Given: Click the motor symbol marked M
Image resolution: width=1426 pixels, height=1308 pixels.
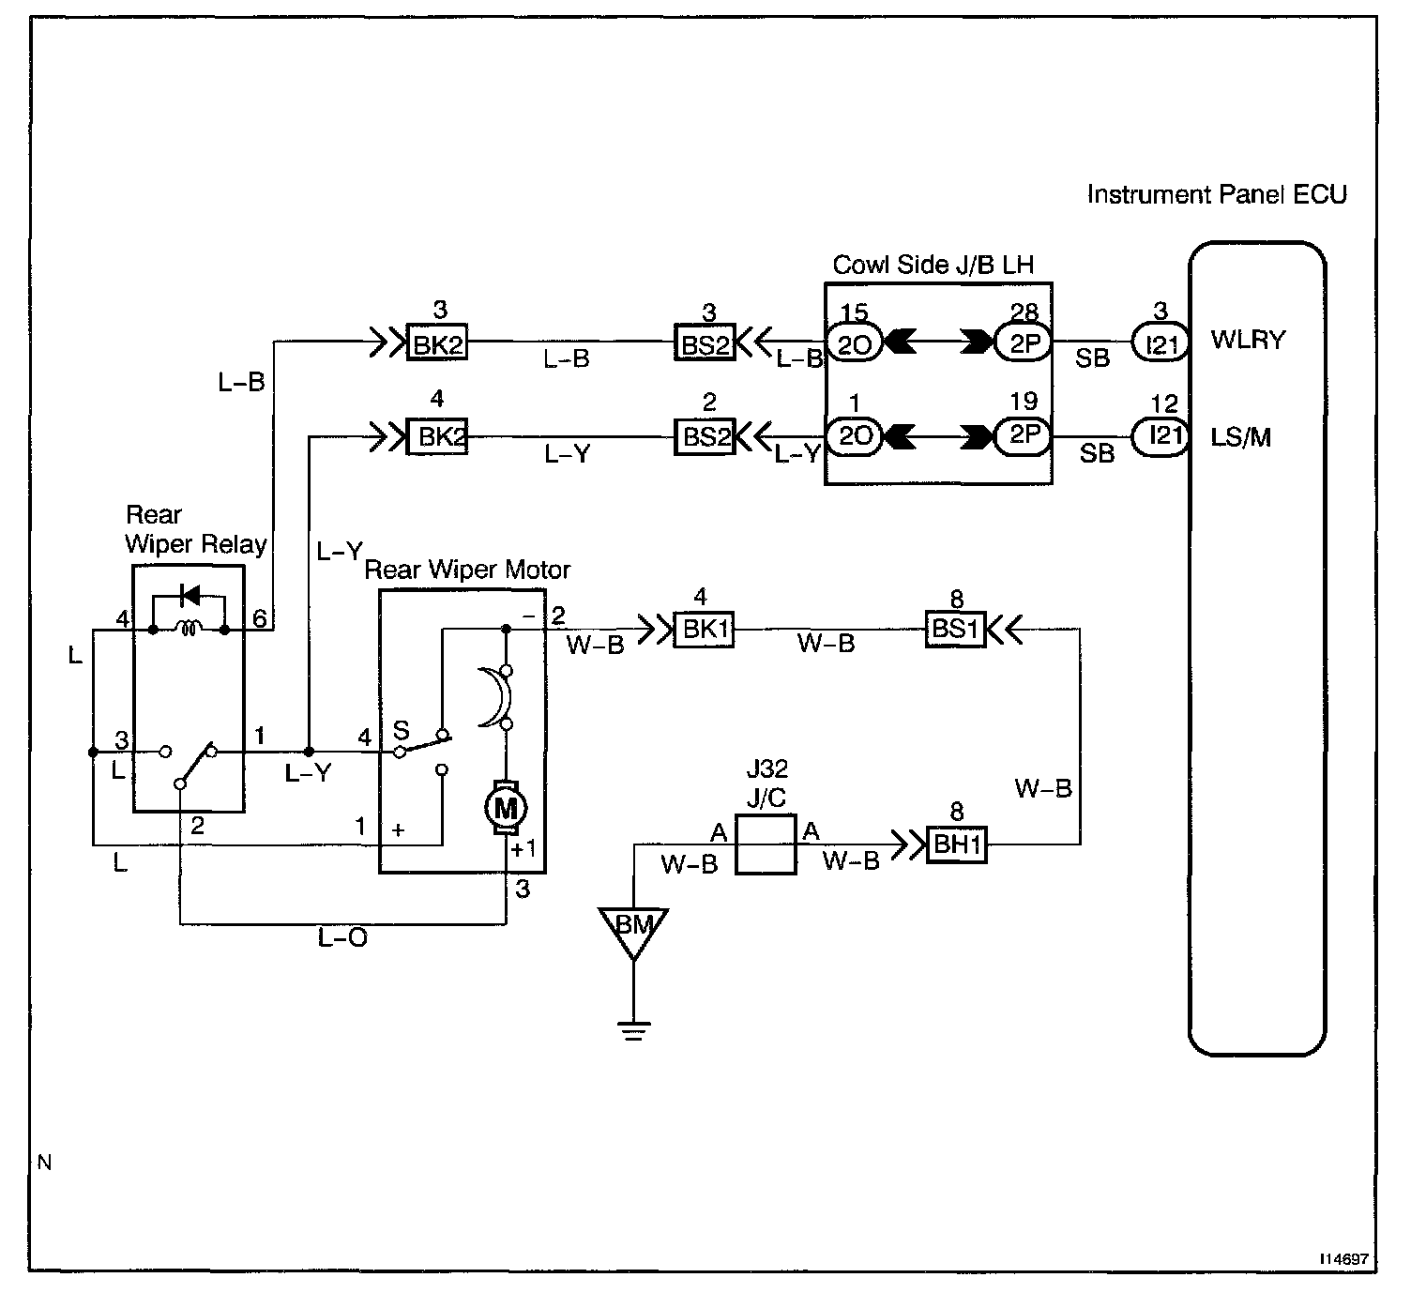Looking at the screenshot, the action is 506,808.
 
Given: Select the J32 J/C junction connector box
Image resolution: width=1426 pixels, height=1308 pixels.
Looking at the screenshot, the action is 766,844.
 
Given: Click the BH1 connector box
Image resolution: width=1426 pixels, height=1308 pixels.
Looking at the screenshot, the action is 957,844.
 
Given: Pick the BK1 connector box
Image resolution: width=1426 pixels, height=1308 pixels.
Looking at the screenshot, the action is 704,630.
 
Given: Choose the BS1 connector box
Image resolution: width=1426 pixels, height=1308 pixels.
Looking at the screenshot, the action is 955,629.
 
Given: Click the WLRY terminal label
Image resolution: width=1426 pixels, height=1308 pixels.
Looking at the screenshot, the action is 1249,340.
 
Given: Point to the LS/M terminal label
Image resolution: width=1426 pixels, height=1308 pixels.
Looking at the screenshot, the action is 1240,436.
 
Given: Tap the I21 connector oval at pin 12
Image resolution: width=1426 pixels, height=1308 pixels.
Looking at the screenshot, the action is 1160,435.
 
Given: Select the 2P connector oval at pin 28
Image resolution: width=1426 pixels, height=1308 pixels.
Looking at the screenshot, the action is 1023,342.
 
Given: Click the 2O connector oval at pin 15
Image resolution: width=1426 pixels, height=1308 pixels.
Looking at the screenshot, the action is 854,343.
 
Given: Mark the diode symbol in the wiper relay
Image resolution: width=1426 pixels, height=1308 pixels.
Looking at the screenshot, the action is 190,595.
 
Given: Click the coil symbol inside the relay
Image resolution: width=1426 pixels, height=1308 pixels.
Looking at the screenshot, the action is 189,628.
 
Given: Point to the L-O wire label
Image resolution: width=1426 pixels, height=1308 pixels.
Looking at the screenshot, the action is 342,938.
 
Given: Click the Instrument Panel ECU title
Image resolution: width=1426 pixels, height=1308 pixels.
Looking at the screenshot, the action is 1217,194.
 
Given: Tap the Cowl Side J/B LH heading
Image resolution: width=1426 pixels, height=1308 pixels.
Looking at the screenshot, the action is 933,265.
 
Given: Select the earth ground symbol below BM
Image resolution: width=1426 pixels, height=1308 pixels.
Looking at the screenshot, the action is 633,1030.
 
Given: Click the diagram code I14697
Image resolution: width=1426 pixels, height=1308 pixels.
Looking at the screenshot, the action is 1343,1258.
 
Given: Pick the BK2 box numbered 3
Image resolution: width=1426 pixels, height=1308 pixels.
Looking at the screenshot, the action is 436,342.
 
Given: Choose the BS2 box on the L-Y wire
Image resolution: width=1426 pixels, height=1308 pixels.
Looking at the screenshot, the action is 705,436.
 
